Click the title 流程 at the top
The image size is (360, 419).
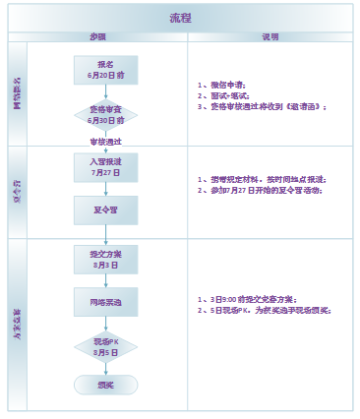point(180,18)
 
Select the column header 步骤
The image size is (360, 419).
point(97,36)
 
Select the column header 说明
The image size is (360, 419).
point(270,36)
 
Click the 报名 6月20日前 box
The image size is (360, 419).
point(105,69)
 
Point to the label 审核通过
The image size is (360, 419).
point(105,142)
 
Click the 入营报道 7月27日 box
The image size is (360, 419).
point(105,166)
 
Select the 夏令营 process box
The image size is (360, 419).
point(105,209)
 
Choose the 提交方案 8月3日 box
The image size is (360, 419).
point(105,260)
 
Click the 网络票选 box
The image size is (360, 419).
point(105,301)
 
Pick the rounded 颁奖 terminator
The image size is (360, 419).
point(105,385)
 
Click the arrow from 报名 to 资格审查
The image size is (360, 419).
point(105,91)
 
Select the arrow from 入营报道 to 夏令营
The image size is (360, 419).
point(105,189)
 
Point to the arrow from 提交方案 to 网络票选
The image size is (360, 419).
point(105,280)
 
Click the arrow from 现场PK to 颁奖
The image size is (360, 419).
point(105,368)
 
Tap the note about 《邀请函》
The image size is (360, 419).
point(262,106)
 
